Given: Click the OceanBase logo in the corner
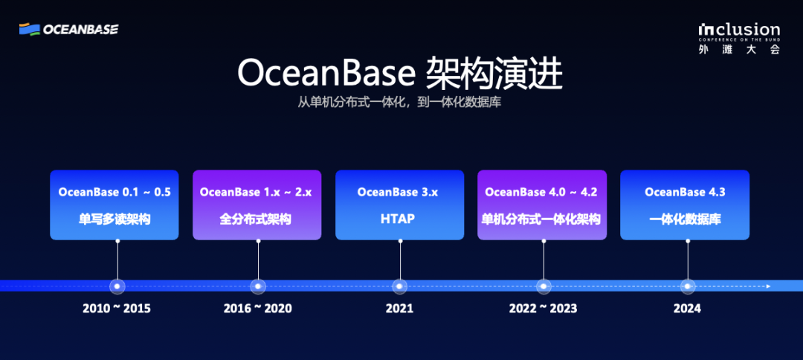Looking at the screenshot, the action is (68, 29).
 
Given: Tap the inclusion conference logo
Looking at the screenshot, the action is (739, 38).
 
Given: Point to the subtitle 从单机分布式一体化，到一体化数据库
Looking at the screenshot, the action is (399, 102).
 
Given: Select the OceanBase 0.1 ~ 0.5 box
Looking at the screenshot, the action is (115, 205).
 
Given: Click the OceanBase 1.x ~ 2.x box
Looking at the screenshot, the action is (257, 205).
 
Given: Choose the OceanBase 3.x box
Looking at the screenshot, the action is (399, 205).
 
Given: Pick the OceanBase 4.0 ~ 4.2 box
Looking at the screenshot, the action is (542, 205).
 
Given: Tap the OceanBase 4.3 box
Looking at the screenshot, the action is (685, 205).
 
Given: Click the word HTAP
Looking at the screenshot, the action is (398, 219).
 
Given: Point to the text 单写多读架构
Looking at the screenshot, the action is (115, 219).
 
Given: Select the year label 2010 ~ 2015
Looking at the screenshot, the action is (117, 309).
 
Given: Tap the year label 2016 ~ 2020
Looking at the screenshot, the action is (257, 309).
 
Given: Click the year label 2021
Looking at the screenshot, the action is (399, 309).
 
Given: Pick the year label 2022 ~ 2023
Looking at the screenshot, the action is (543, 309).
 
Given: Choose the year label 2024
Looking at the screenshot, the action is (687, 309).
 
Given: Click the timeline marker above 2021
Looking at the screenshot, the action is (399, 286).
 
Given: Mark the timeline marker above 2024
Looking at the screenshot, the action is (687, 286).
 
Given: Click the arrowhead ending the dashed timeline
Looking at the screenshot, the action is (768, 286).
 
